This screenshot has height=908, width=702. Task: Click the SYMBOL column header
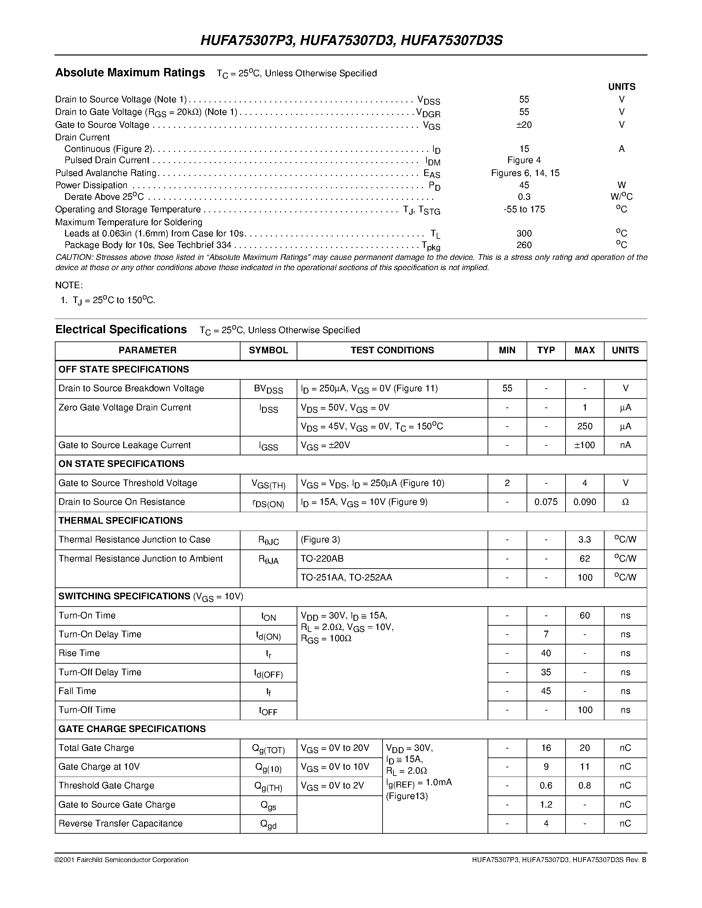coord(268,350)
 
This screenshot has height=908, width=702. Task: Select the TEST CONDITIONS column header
coord(392,350)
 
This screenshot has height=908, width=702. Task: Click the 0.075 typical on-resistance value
coord(546,502)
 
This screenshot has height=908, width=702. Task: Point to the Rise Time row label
coord(79,653)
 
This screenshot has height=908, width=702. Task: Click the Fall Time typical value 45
coord(546,691)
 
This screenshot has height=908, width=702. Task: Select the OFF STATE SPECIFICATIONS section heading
coord(124,369)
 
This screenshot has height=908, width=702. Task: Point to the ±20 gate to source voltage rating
coord(524,125)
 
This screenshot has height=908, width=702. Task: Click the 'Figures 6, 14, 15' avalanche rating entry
coord(525,173)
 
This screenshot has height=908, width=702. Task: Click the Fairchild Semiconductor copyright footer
coord(122,860)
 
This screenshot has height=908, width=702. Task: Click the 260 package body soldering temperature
coord(524,245)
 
